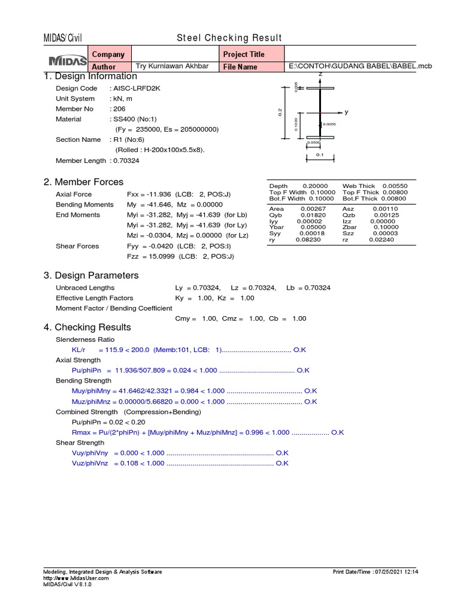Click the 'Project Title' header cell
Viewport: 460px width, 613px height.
click(244, 54)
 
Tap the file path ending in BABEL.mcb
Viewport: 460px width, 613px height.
click(360, 66)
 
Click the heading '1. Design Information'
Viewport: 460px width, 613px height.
click(90, 77)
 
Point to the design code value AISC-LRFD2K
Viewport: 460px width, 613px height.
click(135, 89)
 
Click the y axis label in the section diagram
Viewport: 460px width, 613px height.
click(346, 112)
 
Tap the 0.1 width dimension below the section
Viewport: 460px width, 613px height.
click(320, 156)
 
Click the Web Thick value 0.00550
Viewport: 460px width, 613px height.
click(394, 187)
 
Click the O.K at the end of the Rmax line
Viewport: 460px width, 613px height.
click(337, 432)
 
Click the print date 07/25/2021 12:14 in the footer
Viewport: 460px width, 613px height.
click(397, 572)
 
